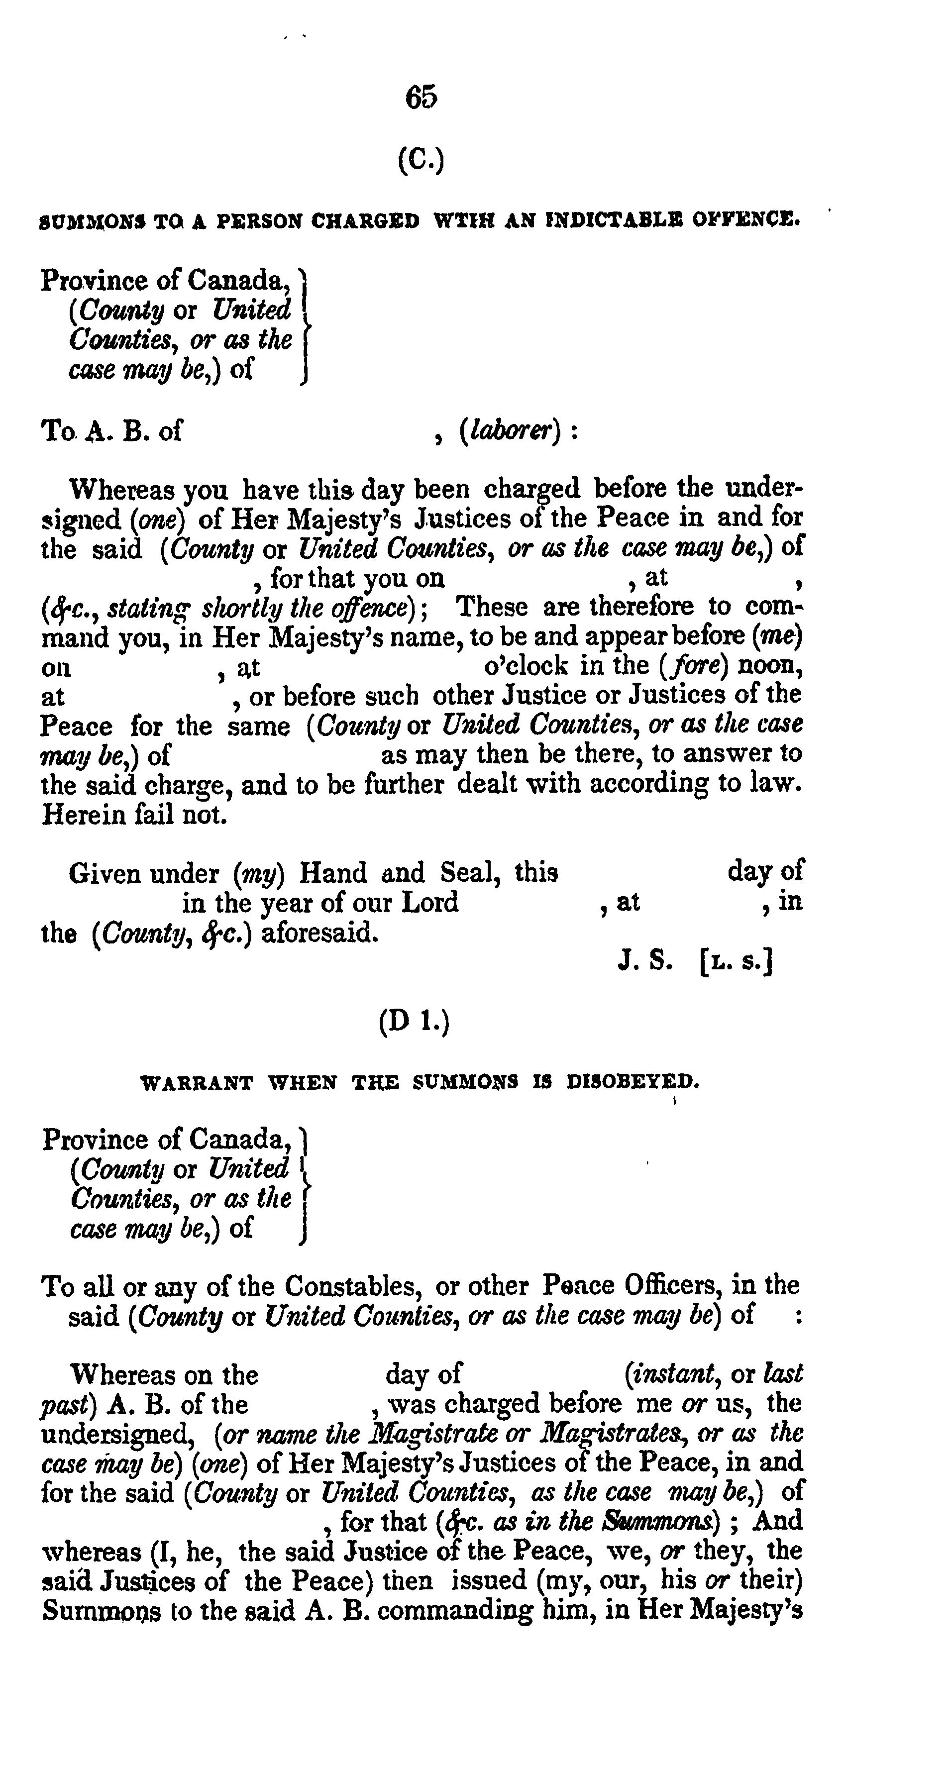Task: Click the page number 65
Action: click(421, 98)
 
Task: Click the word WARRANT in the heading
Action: click(197, 1083)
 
